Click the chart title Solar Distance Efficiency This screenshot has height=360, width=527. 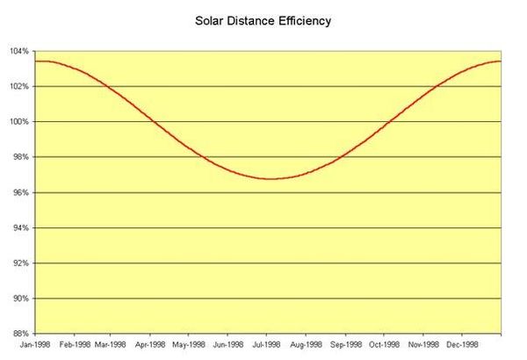[x=263, y=19]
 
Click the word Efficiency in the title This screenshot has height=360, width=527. [x=304, y=19]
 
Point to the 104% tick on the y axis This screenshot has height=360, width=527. [x=20, y=51]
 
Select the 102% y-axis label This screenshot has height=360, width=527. [x=20, y=86]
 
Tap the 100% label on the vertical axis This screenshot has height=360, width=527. [x=20, y=121]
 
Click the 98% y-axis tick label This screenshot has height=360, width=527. [x=22, y=157]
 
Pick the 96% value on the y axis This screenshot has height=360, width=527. [x=22, y=192]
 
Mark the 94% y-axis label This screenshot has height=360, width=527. [x=22, y=227]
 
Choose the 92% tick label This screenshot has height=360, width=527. [x=22, y=263]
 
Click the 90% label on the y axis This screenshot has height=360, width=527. [x=22, y=299]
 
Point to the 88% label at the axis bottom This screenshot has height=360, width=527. [x=22, y=334]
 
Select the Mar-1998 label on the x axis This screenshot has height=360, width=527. [x=111, y=346]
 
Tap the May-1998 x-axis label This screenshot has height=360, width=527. [x=188, y=346]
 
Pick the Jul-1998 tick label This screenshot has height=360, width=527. [x=267, y=346]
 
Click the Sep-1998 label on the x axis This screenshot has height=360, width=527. [x=346, y=346]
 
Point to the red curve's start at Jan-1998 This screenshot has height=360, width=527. [x=35, y=61]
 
